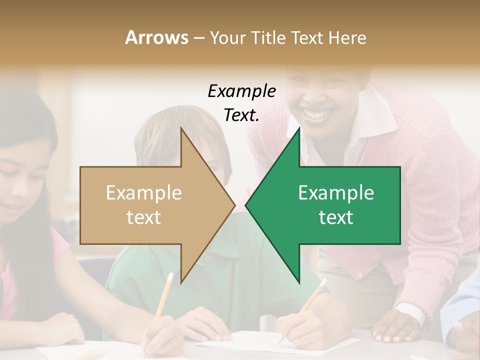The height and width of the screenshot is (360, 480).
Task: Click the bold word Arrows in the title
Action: point(157,37)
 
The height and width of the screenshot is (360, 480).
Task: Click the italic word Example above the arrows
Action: point(241,91)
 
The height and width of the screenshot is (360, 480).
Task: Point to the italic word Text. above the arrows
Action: point(241,115)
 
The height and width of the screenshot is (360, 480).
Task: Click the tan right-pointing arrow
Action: point(150,205)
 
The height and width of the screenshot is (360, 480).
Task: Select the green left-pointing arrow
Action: point(330,205)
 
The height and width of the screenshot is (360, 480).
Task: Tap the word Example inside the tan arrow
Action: point(144,193)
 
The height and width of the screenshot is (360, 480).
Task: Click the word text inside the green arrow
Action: point(336,217)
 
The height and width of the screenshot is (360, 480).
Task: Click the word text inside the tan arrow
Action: point(144,217)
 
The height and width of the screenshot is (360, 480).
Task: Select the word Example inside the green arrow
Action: point(336,193)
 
